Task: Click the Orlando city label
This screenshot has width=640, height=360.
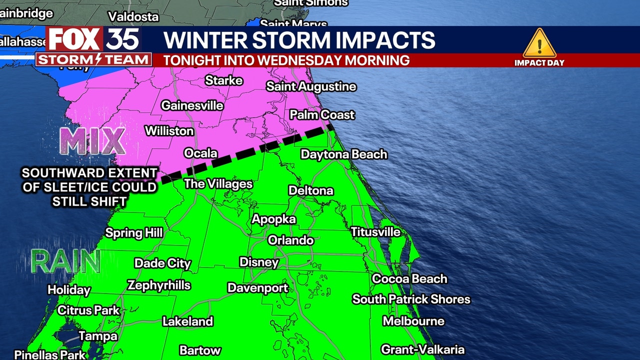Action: tap(290, 240)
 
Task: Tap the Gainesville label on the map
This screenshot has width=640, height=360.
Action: tap(192, 105)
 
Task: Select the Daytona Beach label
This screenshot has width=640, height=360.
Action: tap(344, 154)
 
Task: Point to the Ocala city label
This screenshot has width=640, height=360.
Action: tap(200, 153)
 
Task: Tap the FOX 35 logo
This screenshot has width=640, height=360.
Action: tap(93, 39)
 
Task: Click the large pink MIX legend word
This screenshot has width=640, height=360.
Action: tap(92, 141)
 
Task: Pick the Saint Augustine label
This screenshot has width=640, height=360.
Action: tap(311, 86)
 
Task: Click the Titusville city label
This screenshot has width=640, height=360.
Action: tap(375, 232)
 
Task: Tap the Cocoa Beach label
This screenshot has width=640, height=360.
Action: tap(409, 278)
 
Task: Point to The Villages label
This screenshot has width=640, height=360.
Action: tap(218, 184)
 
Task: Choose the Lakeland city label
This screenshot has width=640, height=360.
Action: tap(187, 321)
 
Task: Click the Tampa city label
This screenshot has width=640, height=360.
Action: tap(98, 336)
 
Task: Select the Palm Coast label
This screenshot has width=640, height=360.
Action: tap(322, 114)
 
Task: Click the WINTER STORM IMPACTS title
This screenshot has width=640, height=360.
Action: tap(299, 40)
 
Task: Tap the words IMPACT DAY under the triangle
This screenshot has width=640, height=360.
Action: tap(539, 62)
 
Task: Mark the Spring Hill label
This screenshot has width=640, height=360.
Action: tap(133, 232)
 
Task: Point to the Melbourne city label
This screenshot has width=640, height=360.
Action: tap(413, 321)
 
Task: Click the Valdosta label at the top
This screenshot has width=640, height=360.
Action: tap(133, 16)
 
